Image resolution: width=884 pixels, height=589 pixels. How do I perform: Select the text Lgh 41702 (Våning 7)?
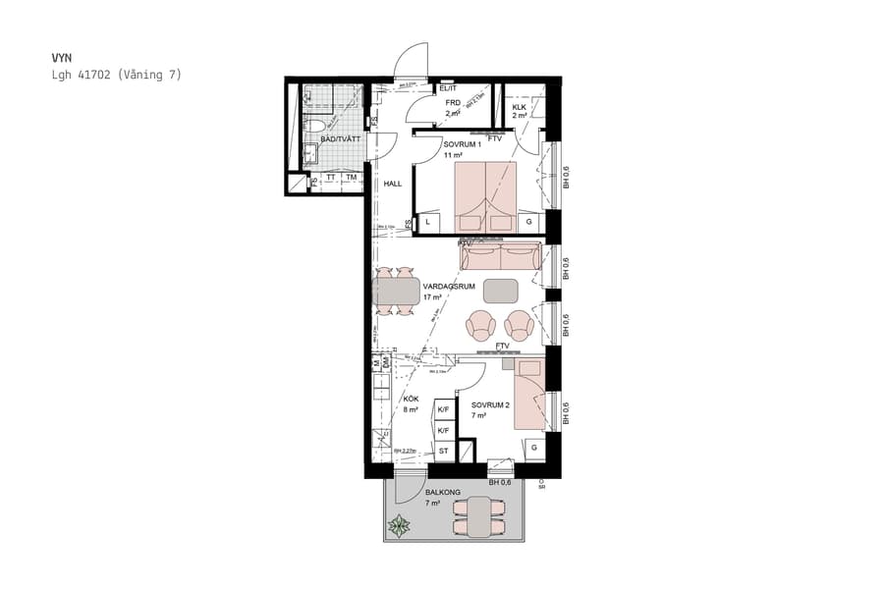pyautogui.click(x=116, y=75)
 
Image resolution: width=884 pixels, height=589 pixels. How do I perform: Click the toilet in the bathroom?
pyautogui.click(x=317, y=127)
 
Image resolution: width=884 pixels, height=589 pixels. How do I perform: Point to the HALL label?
pyautogui.click(x=393, y=184)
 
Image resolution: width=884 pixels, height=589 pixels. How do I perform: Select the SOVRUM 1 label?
pyautogui.click(x=462, y=144)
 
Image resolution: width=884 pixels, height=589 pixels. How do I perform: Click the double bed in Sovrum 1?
pyautogui.click(x=484, y=196)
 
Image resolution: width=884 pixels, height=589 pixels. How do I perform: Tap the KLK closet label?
pyautogui.click(x=519, y=107)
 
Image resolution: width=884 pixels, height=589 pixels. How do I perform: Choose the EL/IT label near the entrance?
pyautogui.click(x=449, y=89)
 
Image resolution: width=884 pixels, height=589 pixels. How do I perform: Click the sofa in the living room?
pyautogui.click(x=500, y=258)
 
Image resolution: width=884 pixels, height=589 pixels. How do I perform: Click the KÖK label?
pyautogui.click(x=412, y=399)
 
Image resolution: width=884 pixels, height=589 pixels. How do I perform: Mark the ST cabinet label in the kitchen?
pyautogui.click(x=443, y=452)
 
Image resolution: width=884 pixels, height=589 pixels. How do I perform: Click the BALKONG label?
pyautogui.click(x=443, y=493)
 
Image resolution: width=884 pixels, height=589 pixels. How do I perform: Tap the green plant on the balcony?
pyautogui.click(x=400, y=526)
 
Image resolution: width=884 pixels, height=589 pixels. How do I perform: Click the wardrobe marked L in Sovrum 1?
pyautogui.click(x=428, y=224)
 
